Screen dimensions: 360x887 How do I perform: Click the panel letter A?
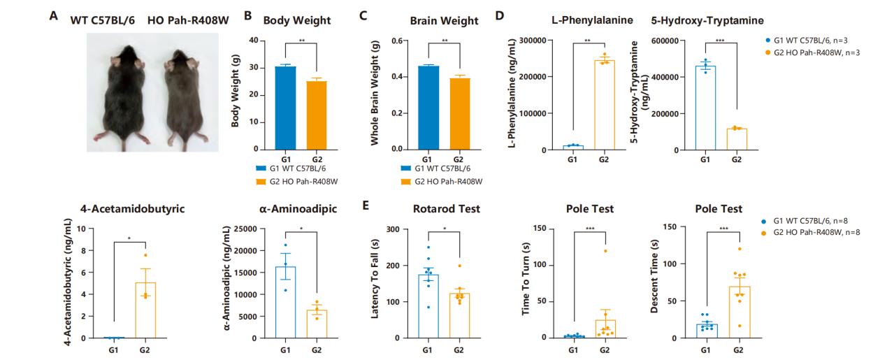(53, 14)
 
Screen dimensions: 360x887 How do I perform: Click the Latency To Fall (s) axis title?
(375, 283)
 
